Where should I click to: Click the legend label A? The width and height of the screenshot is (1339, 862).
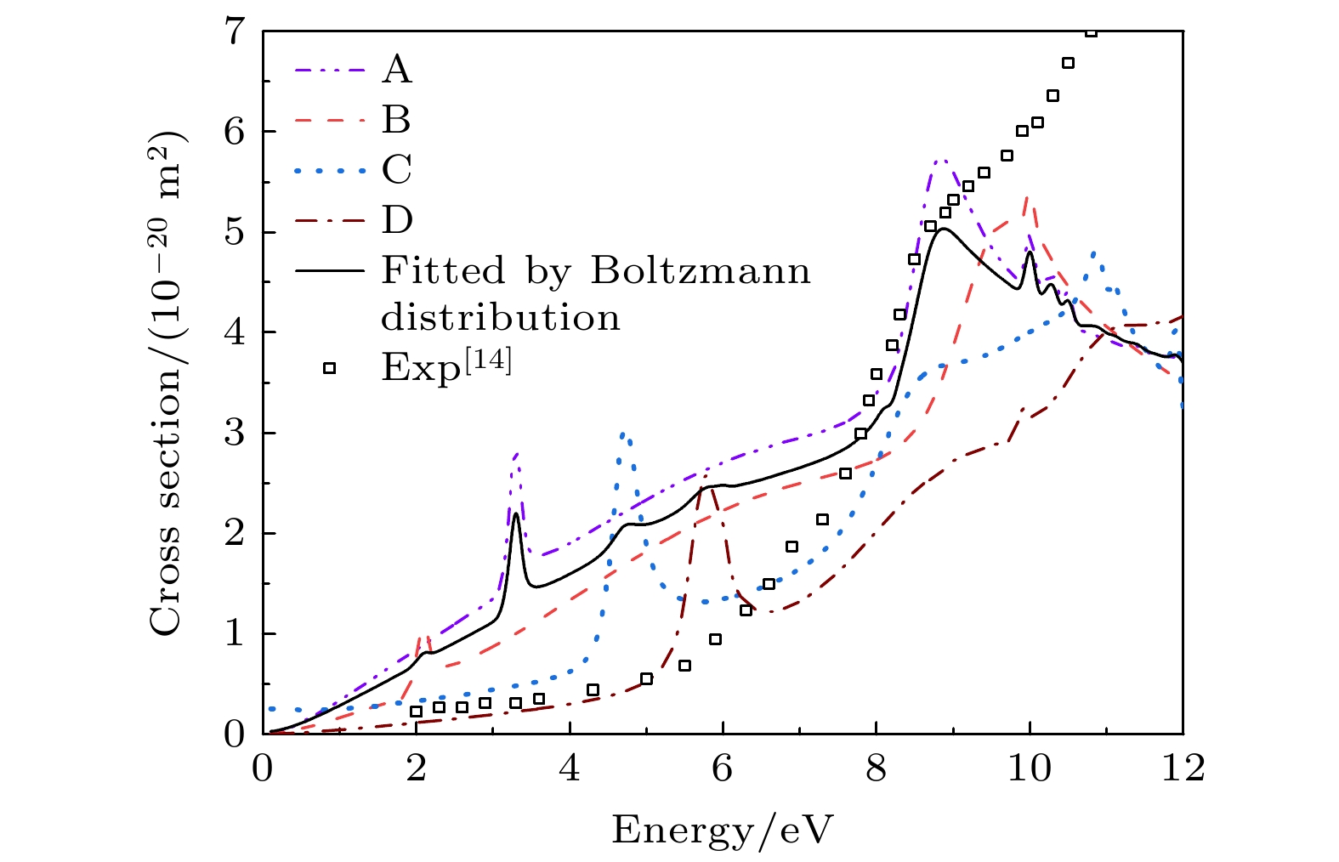point(397,70)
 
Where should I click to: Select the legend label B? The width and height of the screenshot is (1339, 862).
point(396,120)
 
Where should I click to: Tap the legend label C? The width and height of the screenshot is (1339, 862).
point(397,170)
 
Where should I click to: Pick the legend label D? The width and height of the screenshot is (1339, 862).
point(397,220)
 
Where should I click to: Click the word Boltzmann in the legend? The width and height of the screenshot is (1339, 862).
point(701,271)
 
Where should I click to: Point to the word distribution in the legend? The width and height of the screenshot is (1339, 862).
point(501,318)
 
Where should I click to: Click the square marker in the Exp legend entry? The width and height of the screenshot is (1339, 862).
point(329,368)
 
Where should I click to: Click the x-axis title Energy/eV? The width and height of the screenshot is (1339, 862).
point(723,830)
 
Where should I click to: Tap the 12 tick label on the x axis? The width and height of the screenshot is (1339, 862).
point(1183,768)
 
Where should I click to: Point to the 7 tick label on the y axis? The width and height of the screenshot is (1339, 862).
point(234,31)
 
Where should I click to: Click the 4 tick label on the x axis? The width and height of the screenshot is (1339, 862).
point(569,768)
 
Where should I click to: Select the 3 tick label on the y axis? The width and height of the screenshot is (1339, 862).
point(234,433)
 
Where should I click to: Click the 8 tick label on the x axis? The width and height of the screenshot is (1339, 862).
point(876,768)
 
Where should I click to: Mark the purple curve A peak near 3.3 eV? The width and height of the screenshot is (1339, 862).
point(516,454)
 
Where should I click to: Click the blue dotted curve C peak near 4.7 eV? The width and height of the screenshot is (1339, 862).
point(623,434)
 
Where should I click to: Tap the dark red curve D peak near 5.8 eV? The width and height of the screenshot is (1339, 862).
point(712,487)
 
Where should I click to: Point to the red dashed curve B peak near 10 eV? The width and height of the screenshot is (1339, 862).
point(1028,197)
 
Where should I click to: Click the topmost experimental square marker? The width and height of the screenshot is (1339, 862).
point(1092,31)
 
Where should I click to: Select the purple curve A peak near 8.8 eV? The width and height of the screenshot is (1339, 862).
point(939,160)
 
